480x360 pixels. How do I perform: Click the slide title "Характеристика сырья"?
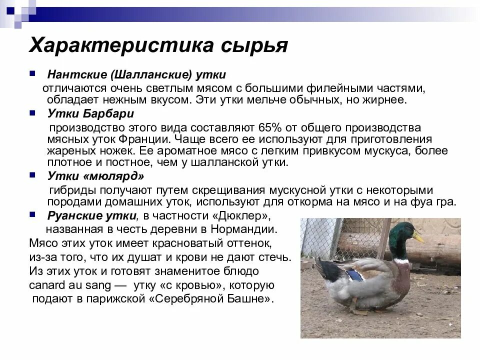(158, 45)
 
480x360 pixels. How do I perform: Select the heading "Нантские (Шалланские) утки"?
(136, 74)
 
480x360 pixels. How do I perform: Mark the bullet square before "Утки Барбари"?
(32, 112)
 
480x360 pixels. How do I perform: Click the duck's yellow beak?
(417, 238)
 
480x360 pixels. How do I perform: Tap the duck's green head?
(400, 235)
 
